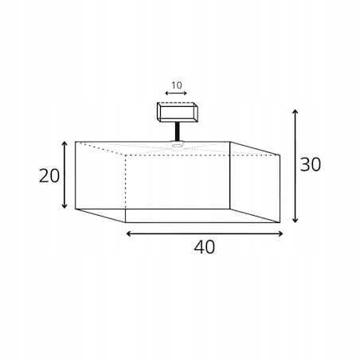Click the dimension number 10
177,85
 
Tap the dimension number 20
49,176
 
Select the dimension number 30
311,164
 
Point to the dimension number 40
204,247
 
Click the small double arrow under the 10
176,93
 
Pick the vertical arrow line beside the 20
65,175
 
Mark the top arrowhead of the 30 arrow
295,111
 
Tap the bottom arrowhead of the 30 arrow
295,220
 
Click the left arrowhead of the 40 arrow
129,233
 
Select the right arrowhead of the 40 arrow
280,233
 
